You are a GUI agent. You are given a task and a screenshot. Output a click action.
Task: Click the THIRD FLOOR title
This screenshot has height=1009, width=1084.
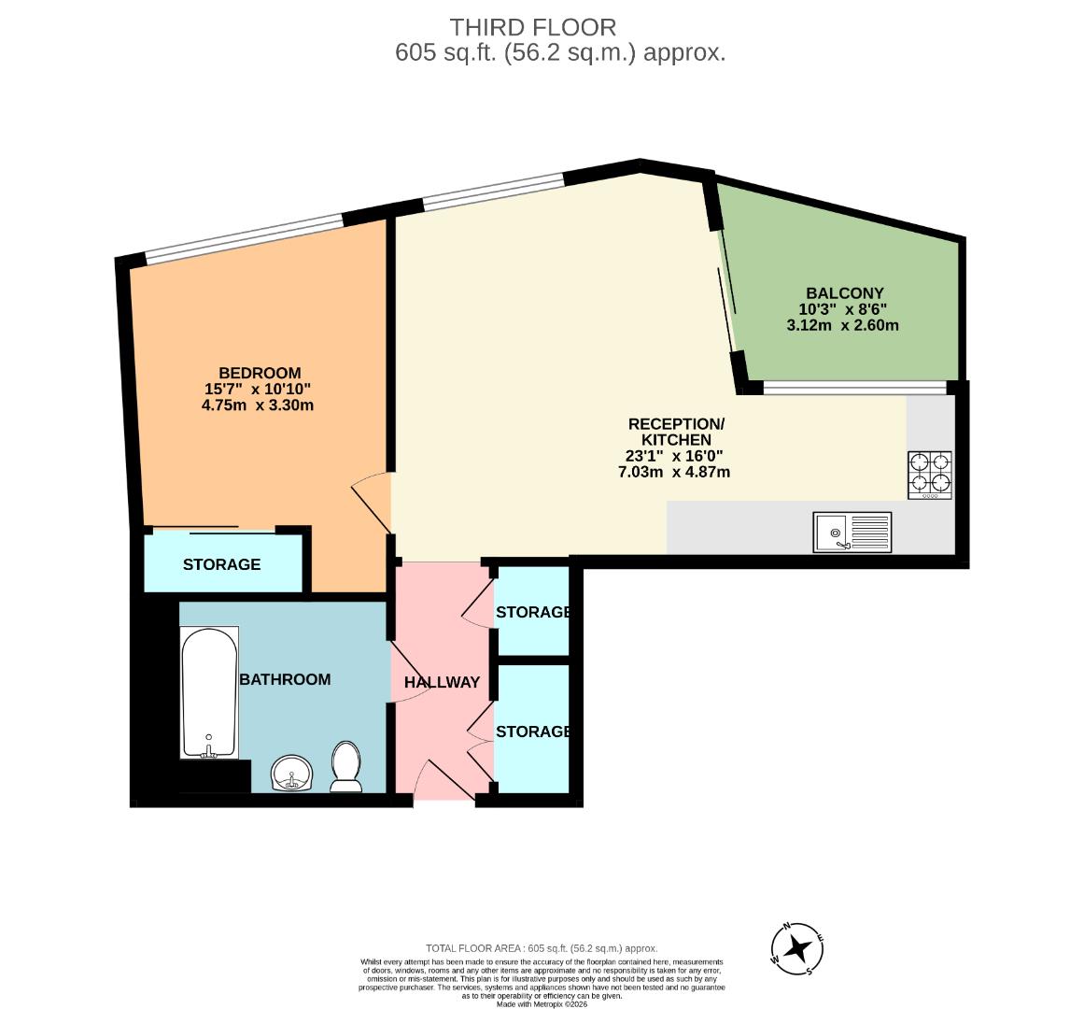[x=533, y=27]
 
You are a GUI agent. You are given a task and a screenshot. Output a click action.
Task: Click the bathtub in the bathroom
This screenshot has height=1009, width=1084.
[x=209, y=691]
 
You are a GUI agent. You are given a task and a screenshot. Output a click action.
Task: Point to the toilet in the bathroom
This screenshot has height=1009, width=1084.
[x=346, y=765]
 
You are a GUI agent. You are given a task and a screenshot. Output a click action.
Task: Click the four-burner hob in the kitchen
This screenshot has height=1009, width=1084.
[x=930, y=474]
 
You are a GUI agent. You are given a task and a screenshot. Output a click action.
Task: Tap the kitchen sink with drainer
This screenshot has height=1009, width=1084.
[x=852, y=533]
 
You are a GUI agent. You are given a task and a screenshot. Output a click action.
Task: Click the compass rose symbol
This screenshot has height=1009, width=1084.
[x=797, y=948]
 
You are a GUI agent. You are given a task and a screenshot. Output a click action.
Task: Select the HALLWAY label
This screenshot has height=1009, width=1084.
[x=442, y=682]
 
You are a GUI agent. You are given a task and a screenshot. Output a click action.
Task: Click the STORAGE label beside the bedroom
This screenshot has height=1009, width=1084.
[x=221, y=564]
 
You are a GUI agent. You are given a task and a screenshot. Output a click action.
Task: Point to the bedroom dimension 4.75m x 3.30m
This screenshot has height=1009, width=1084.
[x=258, y=405]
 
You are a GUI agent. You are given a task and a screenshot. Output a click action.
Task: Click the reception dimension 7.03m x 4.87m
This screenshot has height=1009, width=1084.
[x=674, y=472]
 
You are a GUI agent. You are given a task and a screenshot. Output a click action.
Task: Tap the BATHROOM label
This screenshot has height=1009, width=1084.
[x=285, y=679]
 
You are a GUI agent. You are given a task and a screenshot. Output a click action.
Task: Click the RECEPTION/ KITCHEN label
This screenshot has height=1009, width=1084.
[x=676, y=432]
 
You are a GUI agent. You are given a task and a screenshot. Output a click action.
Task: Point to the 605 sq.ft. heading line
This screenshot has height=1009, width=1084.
[x=560, y=52]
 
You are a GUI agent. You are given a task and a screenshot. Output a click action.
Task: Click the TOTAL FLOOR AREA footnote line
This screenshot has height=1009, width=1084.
[x=542, y=947]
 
